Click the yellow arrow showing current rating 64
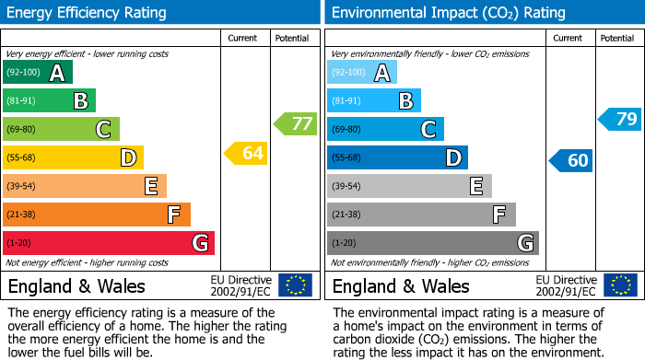(246, 154)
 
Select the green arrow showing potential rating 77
(295, 123)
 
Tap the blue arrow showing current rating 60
(570, 160)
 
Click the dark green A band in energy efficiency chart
(38, 73)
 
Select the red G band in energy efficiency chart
(109, 243)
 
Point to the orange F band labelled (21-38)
(97, 215)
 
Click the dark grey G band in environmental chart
(433, 243)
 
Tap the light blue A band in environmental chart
(362, 73)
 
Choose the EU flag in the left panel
(295, 285)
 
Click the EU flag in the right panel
(619, 285)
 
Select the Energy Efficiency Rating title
(88, 13)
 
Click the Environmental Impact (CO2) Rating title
(447, 13)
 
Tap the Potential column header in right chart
(617, 38)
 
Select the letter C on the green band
(104, 130)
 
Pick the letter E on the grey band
(476, 187)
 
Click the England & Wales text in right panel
(401, 285)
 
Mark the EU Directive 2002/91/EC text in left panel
(241, 285)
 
